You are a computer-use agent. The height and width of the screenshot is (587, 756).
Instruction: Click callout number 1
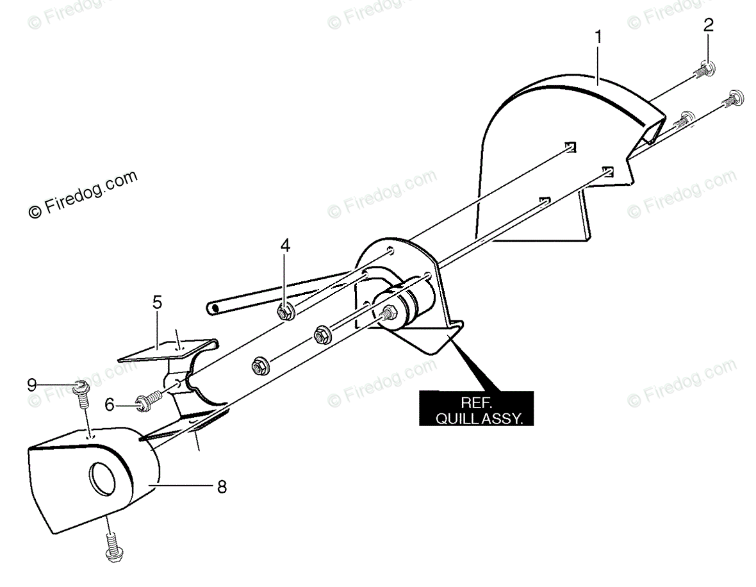598,37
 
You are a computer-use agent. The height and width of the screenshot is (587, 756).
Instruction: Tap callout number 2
708,26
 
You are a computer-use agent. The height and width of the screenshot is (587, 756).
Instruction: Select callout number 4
285,245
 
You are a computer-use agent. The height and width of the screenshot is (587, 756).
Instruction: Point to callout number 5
157,302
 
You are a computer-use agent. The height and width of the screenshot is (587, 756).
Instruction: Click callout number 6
110,404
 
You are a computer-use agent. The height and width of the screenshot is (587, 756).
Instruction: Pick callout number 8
221,487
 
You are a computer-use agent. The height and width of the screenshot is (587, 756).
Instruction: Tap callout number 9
32,384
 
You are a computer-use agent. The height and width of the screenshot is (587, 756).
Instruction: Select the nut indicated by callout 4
286,312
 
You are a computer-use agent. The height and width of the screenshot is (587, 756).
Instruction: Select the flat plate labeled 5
160,349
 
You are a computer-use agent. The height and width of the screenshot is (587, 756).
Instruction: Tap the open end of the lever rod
213,308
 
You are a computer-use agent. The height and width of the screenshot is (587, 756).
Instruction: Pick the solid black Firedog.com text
83,195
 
